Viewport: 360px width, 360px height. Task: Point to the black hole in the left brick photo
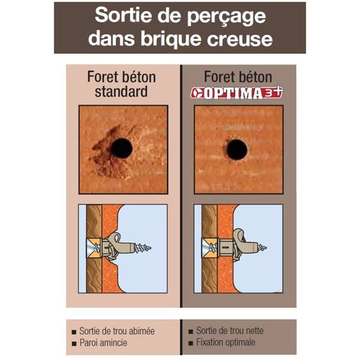(120, 148)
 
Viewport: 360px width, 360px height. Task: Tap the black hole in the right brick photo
(237, 149)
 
